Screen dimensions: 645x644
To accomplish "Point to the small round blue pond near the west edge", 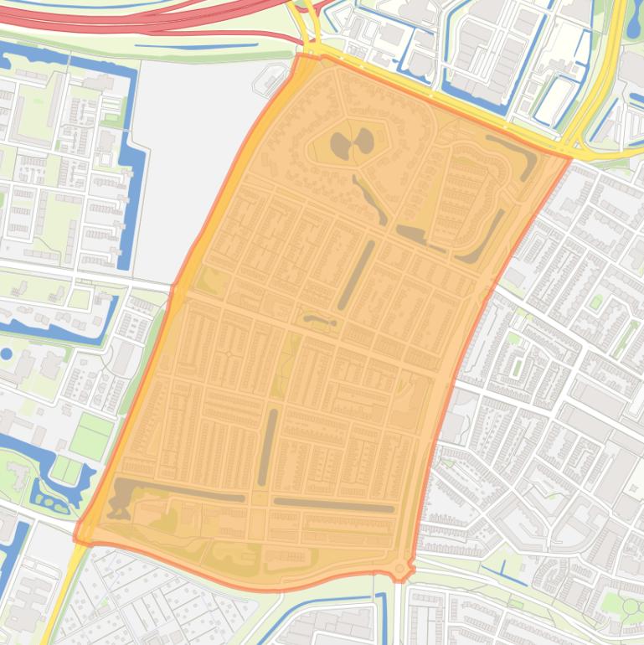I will click(7, 353).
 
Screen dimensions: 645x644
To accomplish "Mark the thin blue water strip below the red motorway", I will click(197, 46).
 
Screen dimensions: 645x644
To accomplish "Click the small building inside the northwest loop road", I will click(272, 81).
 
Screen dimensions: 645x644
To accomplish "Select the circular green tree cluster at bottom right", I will click(630, 606).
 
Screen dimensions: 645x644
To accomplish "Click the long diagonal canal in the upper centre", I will click(356, 275).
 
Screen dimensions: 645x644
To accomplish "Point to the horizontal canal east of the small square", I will click(333, 505).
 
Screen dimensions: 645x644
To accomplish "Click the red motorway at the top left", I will click(126, 18).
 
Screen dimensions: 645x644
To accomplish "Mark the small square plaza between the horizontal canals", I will click(259, 499).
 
